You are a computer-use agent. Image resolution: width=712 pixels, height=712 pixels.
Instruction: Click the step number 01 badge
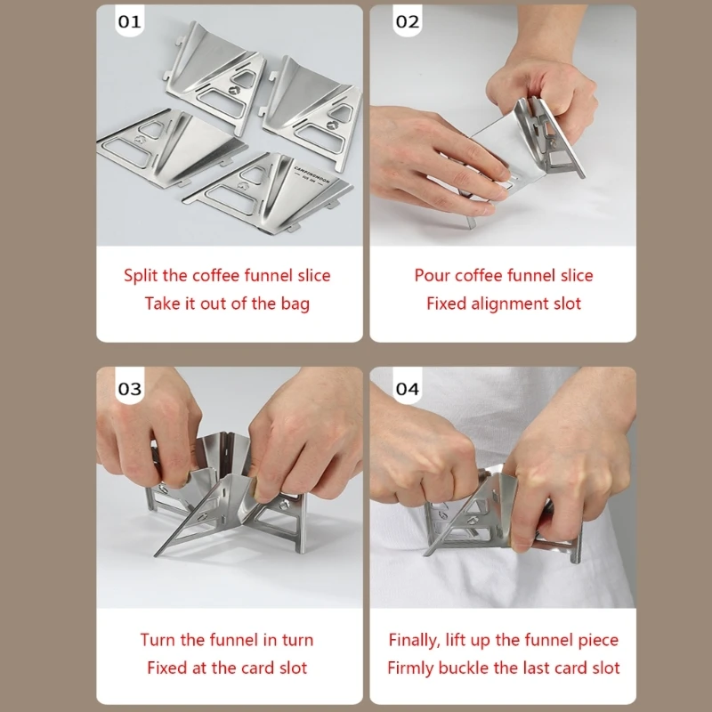coord(129,20)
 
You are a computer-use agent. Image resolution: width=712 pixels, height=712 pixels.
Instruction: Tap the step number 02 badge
coord(408,20)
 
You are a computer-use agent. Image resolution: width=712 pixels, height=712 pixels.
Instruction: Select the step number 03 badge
coord(129,388)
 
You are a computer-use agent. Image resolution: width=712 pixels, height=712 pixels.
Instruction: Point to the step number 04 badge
coord(408,388)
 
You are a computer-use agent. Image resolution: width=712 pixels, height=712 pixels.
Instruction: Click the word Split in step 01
coord(141,276)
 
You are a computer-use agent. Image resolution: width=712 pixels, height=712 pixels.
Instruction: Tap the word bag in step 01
coord(295,303)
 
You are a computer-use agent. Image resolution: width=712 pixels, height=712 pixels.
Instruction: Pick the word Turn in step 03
coord(158,640)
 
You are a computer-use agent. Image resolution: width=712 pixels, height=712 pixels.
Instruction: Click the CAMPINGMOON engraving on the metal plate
coord(311,174)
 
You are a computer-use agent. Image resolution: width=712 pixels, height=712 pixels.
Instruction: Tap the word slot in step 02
coord(567,303)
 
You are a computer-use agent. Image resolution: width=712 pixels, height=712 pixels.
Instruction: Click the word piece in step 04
coord(598,641)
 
